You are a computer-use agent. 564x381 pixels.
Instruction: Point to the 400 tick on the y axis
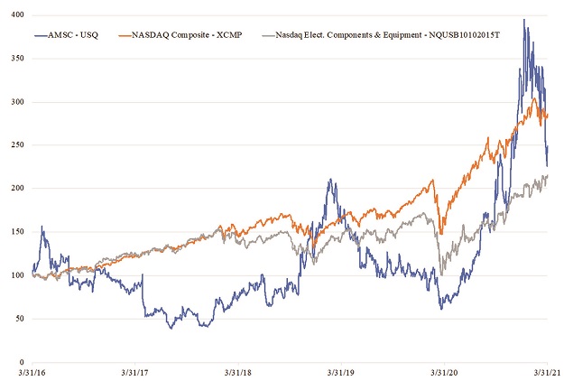point(15,14)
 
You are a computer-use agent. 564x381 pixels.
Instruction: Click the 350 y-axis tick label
point(15,57)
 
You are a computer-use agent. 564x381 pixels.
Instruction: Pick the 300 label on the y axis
point(15,101)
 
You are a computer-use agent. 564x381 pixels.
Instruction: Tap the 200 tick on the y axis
point(15,189)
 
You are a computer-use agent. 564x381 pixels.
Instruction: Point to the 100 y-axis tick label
point(15,275)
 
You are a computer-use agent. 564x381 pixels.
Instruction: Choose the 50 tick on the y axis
point(18,320)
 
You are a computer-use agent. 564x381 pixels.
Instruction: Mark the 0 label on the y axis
point(21,363)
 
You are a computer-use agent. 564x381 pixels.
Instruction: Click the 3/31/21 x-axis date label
point(545,372)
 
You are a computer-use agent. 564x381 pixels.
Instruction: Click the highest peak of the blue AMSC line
point(524,19)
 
